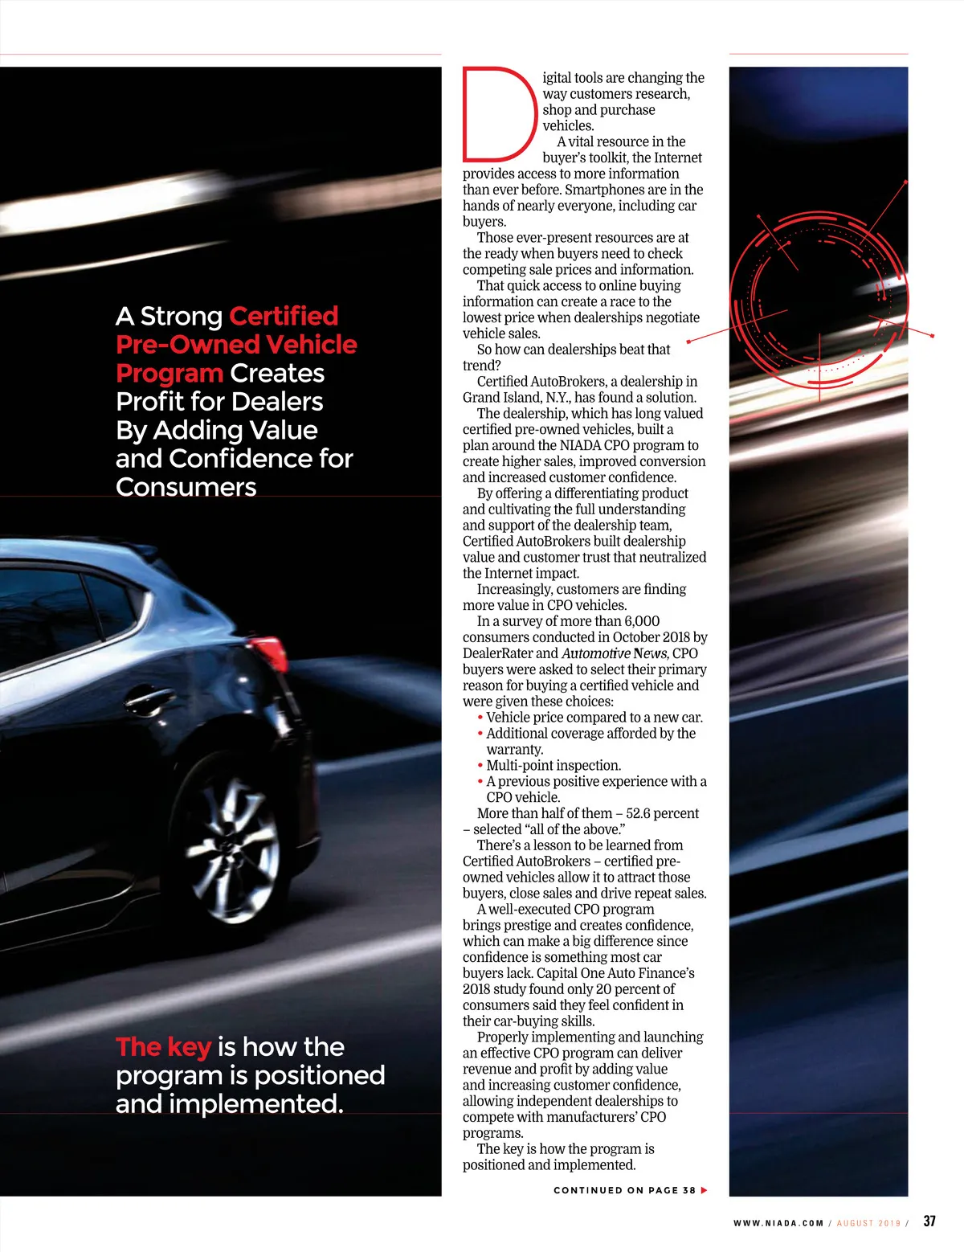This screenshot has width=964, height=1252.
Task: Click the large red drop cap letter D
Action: click(x=498, y=114)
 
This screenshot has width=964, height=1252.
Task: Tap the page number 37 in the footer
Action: click(x=929, y=1221)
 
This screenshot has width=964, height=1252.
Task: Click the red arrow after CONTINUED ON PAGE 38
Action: click(x=705, y=1190)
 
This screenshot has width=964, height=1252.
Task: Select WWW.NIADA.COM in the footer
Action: click(x=778, y=1223)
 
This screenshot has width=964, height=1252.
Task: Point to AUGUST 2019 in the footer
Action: click(x=868, y=1223)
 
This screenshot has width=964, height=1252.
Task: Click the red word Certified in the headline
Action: click(x=284, y=316)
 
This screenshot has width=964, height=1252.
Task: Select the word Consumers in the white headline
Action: click(x=186, y=487)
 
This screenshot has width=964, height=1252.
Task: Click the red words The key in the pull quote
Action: click(x=163, y=1047)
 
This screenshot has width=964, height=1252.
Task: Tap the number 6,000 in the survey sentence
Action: click(x=642, y=621)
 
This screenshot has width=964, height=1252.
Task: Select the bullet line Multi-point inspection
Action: click(x=553, y=766)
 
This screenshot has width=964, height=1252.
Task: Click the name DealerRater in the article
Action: click(x=497, y=653)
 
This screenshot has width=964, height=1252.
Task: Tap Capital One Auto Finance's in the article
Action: click(x=615, y=973)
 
